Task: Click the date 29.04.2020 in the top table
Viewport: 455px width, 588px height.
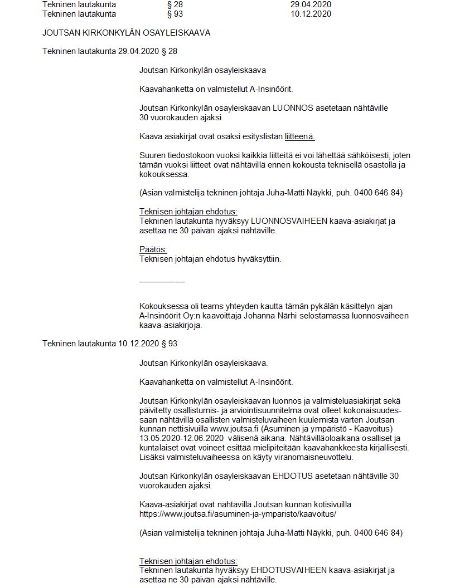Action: (x=311, y=4)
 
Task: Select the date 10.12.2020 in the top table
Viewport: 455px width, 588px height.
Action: (x=311, y=14)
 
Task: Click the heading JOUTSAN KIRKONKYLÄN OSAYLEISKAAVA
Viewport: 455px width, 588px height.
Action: (x=126, y=33)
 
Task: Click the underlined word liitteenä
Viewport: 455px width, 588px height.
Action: (x=303, y=136)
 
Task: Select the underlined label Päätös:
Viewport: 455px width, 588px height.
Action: (x=153, y=249)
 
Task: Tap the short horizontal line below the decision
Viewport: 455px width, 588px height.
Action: (x=162, y=281)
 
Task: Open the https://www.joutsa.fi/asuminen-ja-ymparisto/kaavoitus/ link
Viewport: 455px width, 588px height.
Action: (x=245, y=513)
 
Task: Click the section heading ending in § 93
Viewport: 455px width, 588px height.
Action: (x=110, y=344)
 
